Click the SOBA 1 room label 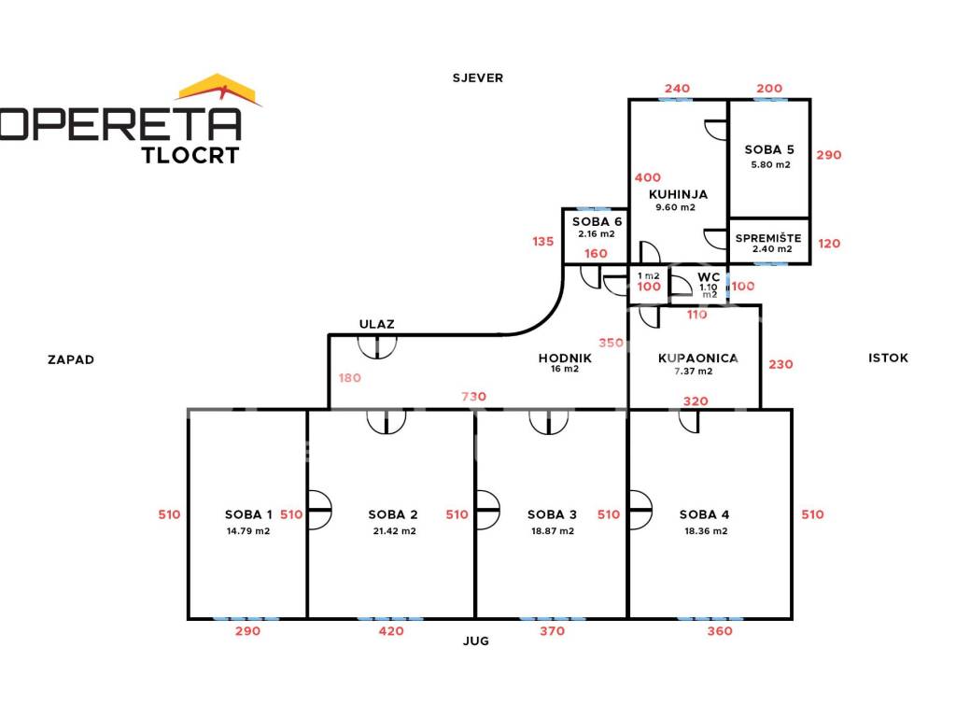coord(248,514)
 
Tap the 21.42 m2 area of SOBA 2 coord(392,531)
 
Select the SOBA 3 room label coord(552,514)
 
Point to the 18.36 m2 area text coord(705,531)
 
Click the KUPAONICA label coord(698,358)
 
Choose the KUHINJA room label coord(678,194)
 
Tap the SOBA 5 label coord(769,149)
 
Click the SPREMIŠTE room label coord(768,238)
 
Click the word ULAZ coord(377,324)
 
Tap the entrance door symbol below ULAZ coord(378,346)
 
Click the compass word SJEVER coord(478,77)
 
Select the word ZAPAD coord(71,359)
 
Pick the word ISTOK coord(888,358)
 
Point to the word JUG coord(475,641)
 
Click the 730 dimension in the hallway coord(474,397)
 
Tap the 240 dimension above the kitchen coord(677,89)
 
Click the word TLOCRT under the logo coord(190,155)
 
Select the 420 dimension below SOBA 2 coord(391,631)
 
